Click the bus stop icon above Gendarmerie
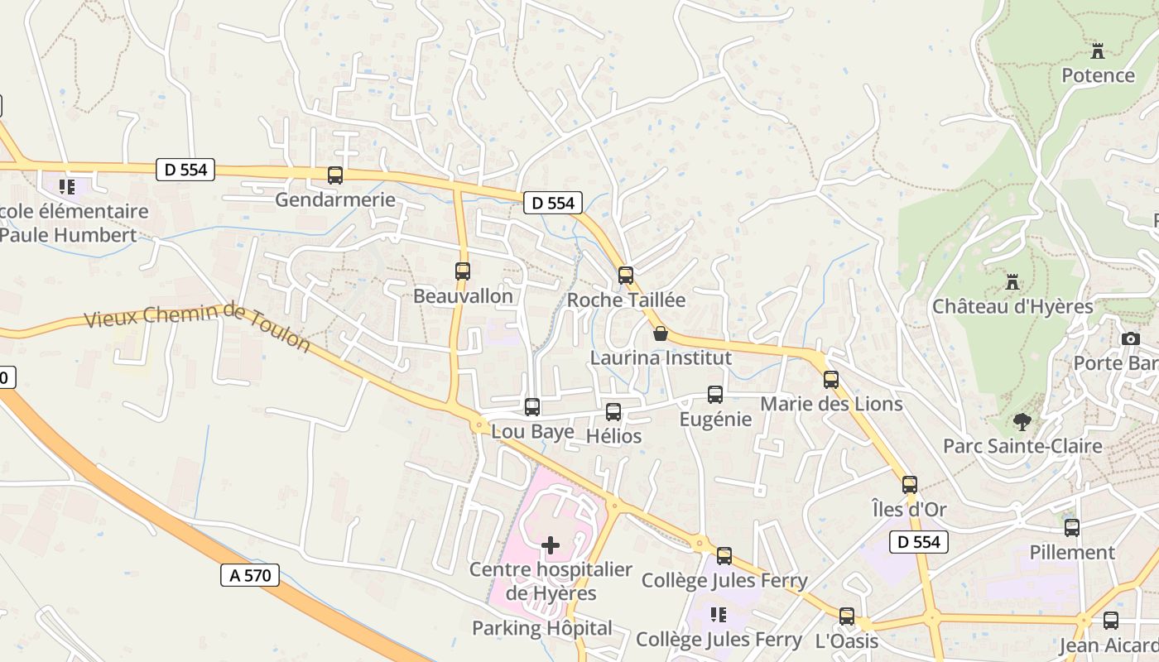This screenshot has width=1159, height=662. tap(335, 175)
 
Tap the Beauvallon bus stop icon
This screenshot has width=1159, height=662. tap(463, 271)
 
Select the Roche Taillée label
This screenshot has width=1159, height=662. tap(626, 300)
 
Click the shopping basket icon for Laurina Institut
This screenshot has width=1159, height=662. tap(660, 333)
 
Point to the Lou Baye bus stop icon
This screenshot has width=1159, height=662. tap(532, 407)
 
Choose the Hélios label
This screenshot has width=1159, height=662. tap(613, 435)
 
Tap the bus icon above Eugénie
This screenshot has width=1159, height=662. tap(715, 395)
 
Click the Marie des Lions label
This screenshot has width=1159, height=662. tap(831, 404)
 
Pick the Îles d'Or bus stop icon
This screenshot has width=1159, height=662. tap(910, 485)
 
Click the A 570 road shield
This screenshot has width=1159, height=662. tap(250, 575)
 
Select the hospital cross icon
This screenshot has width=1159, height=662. tap(551, 544)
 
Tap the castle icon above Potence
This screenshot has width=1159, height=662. tap(1098, 51)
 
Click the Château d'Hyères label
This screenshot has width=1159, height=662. tap(1012, 306)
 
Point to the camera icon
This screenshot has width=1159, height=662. tap(1131, 338)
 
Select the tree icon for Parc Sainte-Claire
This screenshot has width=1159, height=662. tap(1022, 422)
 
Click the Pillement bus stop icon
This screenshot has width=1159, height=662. tap(1072, 528)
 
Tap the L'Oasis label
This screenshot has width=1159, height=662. tap(846, 640)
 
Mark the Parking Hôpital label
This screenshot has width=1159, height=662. tap(542, 628)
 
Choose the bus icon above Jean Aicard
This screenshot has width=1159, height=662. tap(1111, 621)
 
